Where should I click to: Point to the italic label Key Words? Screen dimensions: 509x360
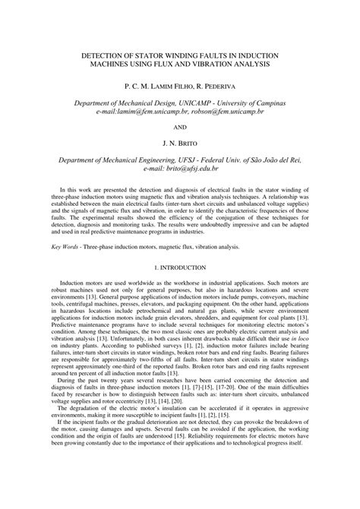point(67,247)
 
